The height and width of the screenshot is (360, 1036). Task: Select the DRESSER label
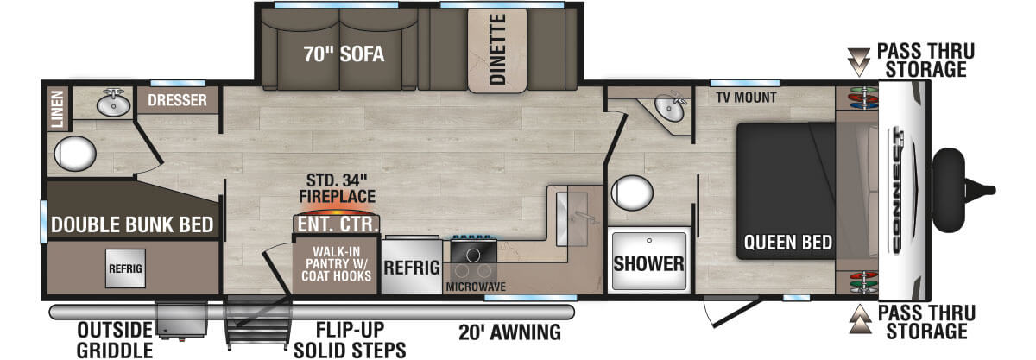point(177,101)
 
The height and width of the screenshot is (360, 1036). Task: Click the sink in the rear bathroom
point(112,104)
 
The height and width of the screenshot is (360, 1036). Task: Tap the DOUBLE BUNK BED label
point(132,225)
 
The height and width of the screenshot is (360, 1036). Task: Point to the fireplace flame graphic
point(338,210)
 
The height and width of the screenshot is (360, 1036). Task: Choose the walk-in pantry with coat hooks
point(338,265)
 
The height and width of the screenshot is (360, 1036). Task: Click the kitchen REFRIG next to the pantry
point(412,268)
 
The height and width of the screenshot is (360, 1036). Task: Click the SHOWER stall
point(649,262)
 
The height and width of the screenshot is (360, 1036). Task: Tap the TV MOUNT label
point(746,97)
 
